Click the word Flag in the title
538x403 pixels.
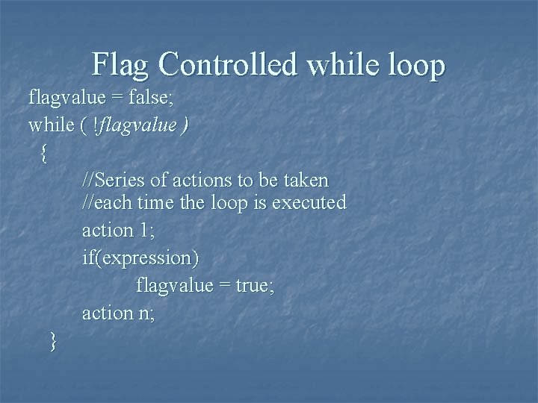(x=122, y=65)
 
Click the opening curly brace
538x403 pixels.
(x=45, y=153)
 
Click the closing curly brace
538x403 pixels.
(x=52, y=341)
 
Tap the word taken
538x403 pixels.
(x=305, y=181)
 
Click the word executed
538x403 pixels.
(x=308, y=202)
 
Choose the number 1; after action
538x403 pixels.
(x=147, y=231)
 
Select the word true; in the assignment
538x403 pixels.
(x=255, y=286)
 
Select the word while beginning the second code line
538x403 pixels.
(x=50, y=125)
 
